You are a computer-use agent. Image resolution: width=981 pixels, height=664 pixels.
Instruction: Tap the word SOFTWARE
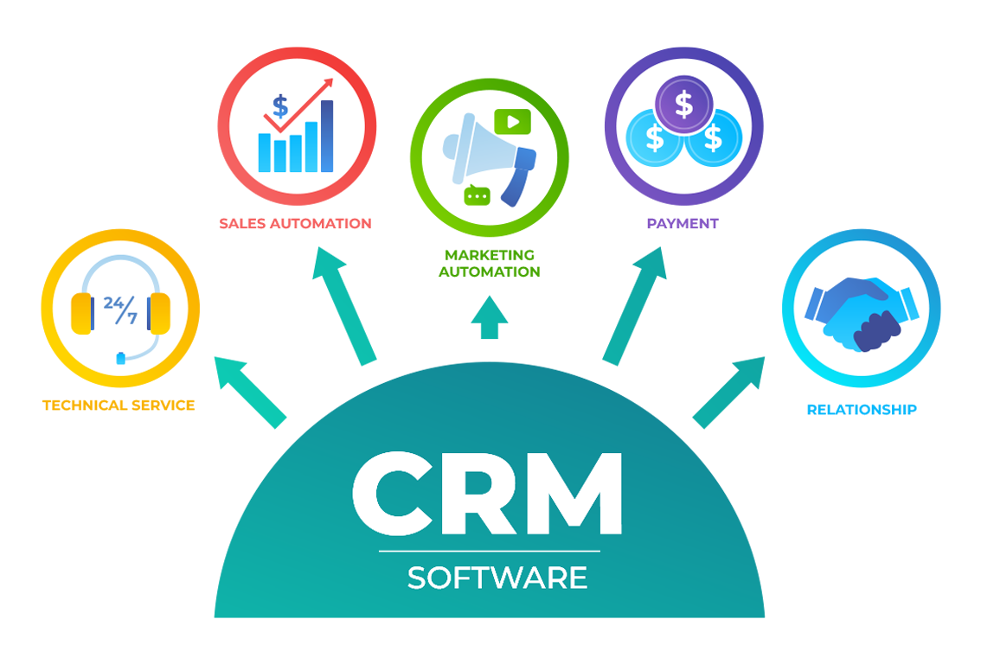click(x=497, y=578)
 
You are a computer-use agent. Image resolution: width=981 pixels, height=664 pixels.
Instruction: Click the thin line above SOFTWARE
click(x=489, y=551)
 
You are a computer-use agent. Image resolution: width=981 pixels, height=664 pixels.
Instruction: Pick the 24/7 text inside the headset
click(x=120, y=309)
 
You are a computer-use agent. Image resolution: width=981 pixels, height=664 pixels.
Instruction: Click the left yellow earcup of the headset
click(x=81, y=313)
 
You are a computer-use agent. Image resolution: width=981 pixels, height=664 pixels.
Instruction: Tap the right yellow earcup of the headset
click(x=159, y=313)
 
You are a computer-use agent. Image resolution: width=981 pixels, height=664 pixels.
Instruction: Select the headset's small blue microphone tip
click(x=121, y=355)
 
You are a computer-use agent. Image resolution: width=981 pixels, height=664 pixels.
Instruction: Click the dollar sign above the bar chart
click(x=280, y=107)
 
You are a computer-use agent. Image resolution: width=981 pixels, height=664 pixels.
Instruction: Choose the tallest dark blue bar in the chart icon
click(x=326, y=136)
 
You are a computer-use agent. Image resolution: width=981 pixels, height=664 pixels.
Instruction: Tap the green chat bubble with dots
click(x=477, y=196)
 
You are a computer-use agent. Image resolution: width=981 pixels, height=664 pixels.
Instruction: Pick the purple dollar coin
click(x=683, y=105)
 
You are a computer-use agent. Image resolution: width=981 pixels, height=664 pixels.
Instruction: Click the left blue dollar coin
click(x=655, y=137)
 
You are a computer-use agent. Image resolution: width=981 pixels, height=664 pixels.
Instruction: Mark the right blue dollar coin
click(x=713, y=137)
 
